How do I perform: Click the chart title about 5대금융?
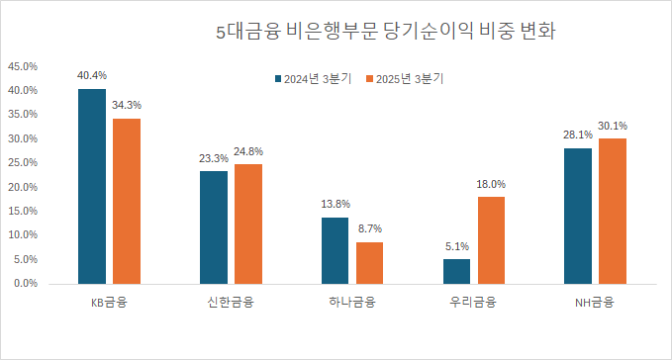pyautogui.click(x=385, y=32)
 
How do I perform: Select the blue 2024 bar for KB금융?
pyautogui.click(x=92, y=186)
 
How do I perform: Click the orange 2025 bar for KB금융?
pyautogui.click(x=127, y=201)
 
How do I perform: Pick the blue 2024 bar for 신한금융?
pyautogui.click(x=214, y=226)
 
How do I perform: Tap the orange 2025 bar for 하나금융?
pyautogui.click(x=369, y=262)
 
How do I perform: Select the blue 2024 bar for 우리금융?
pyautogui.click(x=456, y=271)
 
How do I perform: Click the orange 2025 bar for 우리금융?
pyautogui.click(x=491, y=239)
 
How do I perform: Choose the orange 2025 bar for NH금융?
pyautogui.click(x=613, y=211)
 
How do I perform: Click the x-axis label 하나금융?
pyautogui.click(x=351, y=303)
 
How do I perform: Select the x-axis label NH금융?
pyautogui.click(x=594, y=303)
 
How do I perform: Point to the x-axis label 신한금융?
pyautogui.click(x=231, y=303)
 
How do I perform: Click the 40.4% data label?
pyautogui.click(x=92, y=75)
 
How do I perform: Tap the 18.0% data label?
pyautogui.click(x=491, y=183)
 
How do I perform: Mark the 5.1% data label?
pyautogui.click(x=456, y=245)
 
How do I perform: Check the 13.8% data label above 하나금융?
pyautogui.click(x=336, y=204)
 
